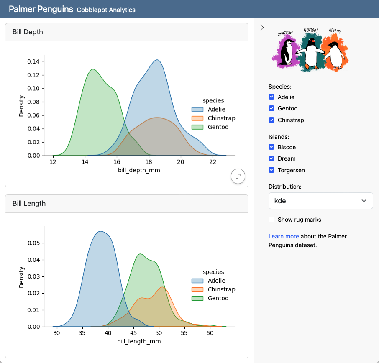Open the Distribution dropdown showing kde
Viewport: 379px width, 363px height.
pyautogui.click(x=320, y=201)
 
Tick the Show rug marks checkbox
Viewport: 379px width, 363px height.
pyautogui.click(x=272, y=220)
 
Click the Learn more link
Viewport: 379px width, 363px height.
pyautogui.click(x=284, y=236)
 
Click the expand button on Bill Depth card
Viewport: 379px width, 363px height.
pyautogui.click(x=238, y=176)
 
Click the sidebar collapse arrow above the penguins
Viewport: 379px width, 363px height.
pyautogui.click(x=262, y=28)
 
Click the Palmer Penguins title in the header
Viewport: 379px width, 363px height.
pyautogui.click(x=41, y=9)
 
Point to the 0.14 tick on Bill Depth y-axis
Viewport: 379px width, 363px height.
pyautogui.click(x=33, y=61)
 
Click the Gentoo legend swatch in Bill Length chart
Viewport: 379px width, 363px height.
pyautogui.click(x=197, y=298)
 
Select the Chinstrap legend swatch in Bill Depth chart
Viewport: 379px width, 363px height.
pyautogui.click(x=197, y=118)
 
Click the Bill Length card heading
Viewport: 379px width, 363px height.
pyautogui.click(x=29, y=203)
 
